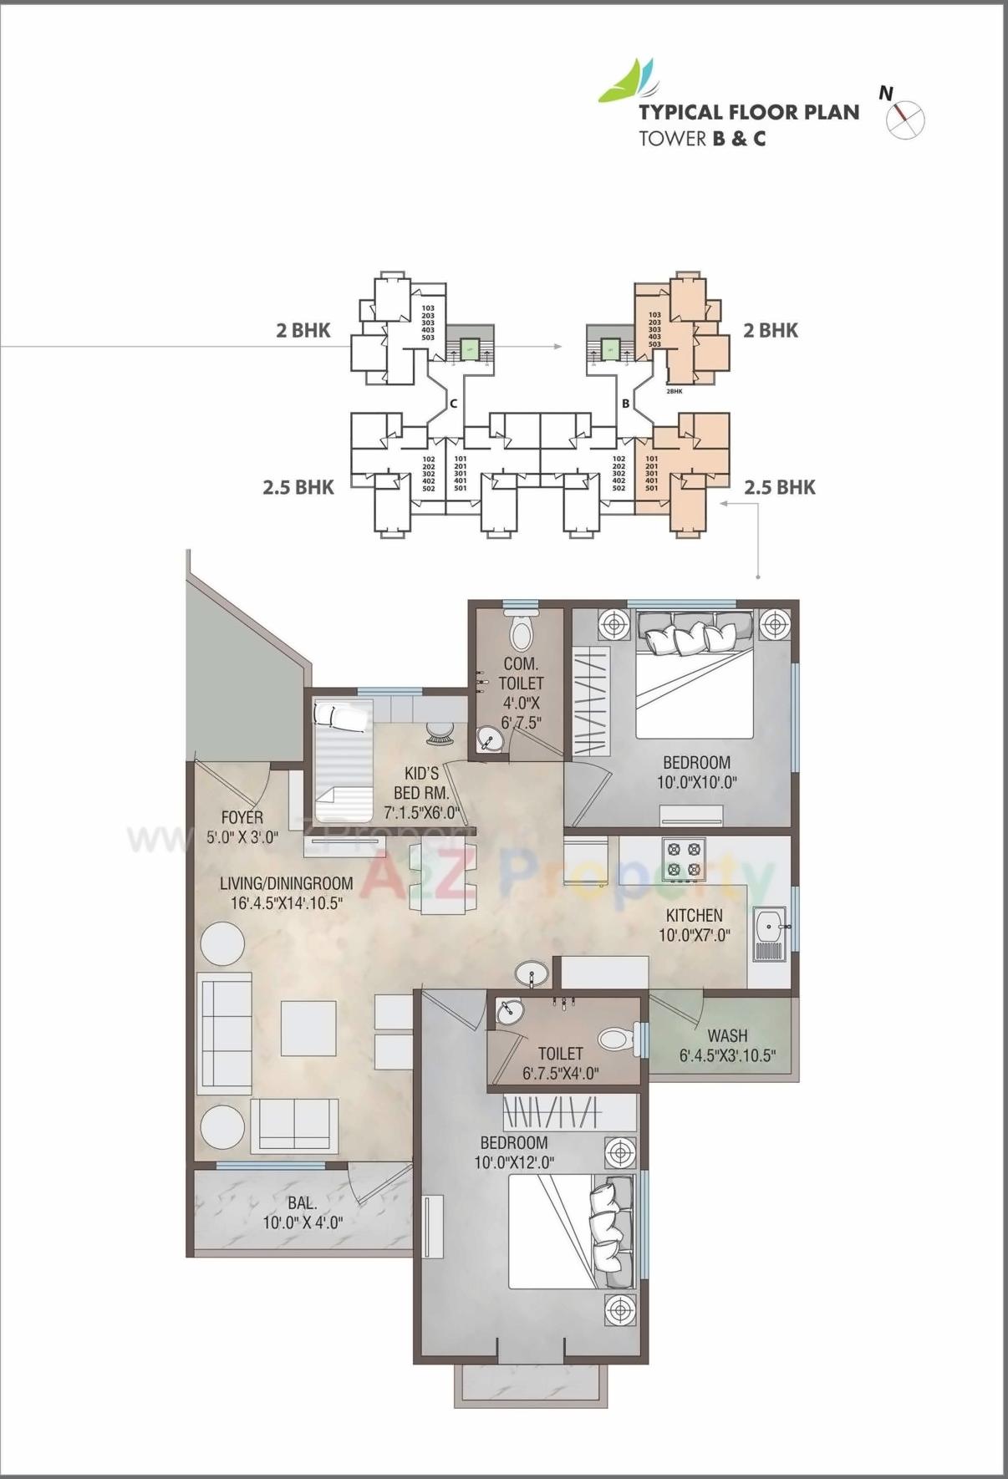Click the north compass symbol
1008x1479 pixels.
pyautogui.click(x=905, y=119)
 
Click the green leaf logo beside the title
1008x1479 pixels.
pyautogui.click(x=626, y=83)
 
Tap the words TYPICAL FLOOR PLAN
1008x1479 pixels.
pyautogui.click(x=748, y=112)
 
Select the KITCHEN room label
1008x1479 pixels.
pyautogui.click(x=694, y=915)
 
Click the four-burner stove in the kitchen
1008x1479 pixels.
pyautogui.click(x=683, y=860)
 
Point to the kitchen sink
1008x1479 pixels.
pyautogui.click(x=769, y=933)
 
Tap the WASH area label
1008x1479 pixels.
pyautogui.click(x=726, y=1035)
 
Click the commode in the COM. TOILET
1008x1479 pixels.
pyautogui.click(x=521, y=633)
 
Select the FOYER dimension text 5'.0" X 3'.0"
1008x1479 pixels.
pyautogui.click(x=242, y=837)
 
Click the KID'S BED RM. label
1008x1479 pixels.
pyautogui.click(x=421, y=783)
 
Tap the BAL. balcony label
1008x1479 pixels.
pyautogui.click(x=302, y=1202)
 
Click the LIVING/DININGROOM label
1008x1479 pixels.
pyautogui.click(x=286, y=883)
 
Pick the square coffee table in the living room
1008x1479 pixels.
pyautogui.click(x=308, y=1027)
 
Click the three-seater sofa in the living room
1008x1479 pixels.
pyautogui.click(x=224, y=1033)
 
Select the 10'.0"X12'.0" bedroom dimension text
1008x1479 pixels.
pyautogui.click(x=514, y=1162)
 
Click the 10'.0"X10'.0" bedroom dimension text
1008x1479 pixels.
pyautogui.click(x=696, y=783)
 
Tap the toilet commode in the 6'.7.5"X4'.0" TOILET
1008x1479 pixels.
pyautogui.click(x=616, y=1039)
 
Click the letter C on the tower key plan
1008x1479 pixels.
pyautogui.click(x=453, y=403)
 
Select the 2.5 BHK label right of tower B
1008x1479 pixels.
pyautogui.click(x=779, y=487)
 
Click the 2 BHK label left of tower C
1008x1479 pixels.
pyautogui.click(x=303, y=330)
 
